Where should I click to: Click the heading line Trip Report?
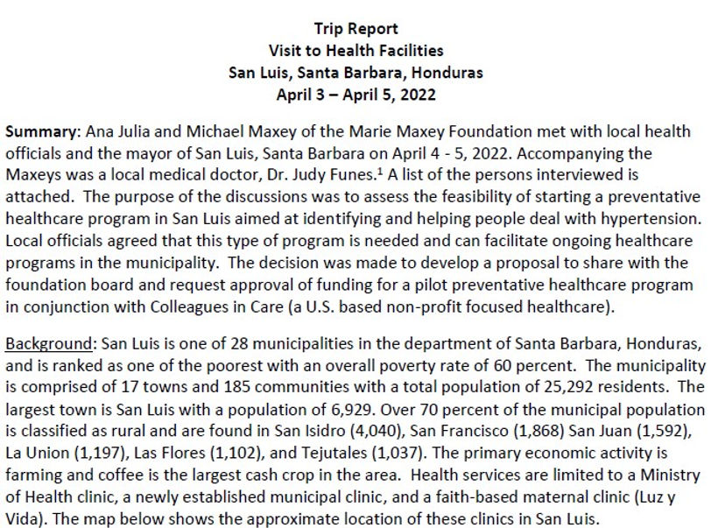click(x=355, y=30)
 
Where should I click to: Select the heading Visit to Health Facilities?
click(x=355, y=51)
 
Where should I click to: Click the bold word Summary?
click(x=42, y=132)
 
